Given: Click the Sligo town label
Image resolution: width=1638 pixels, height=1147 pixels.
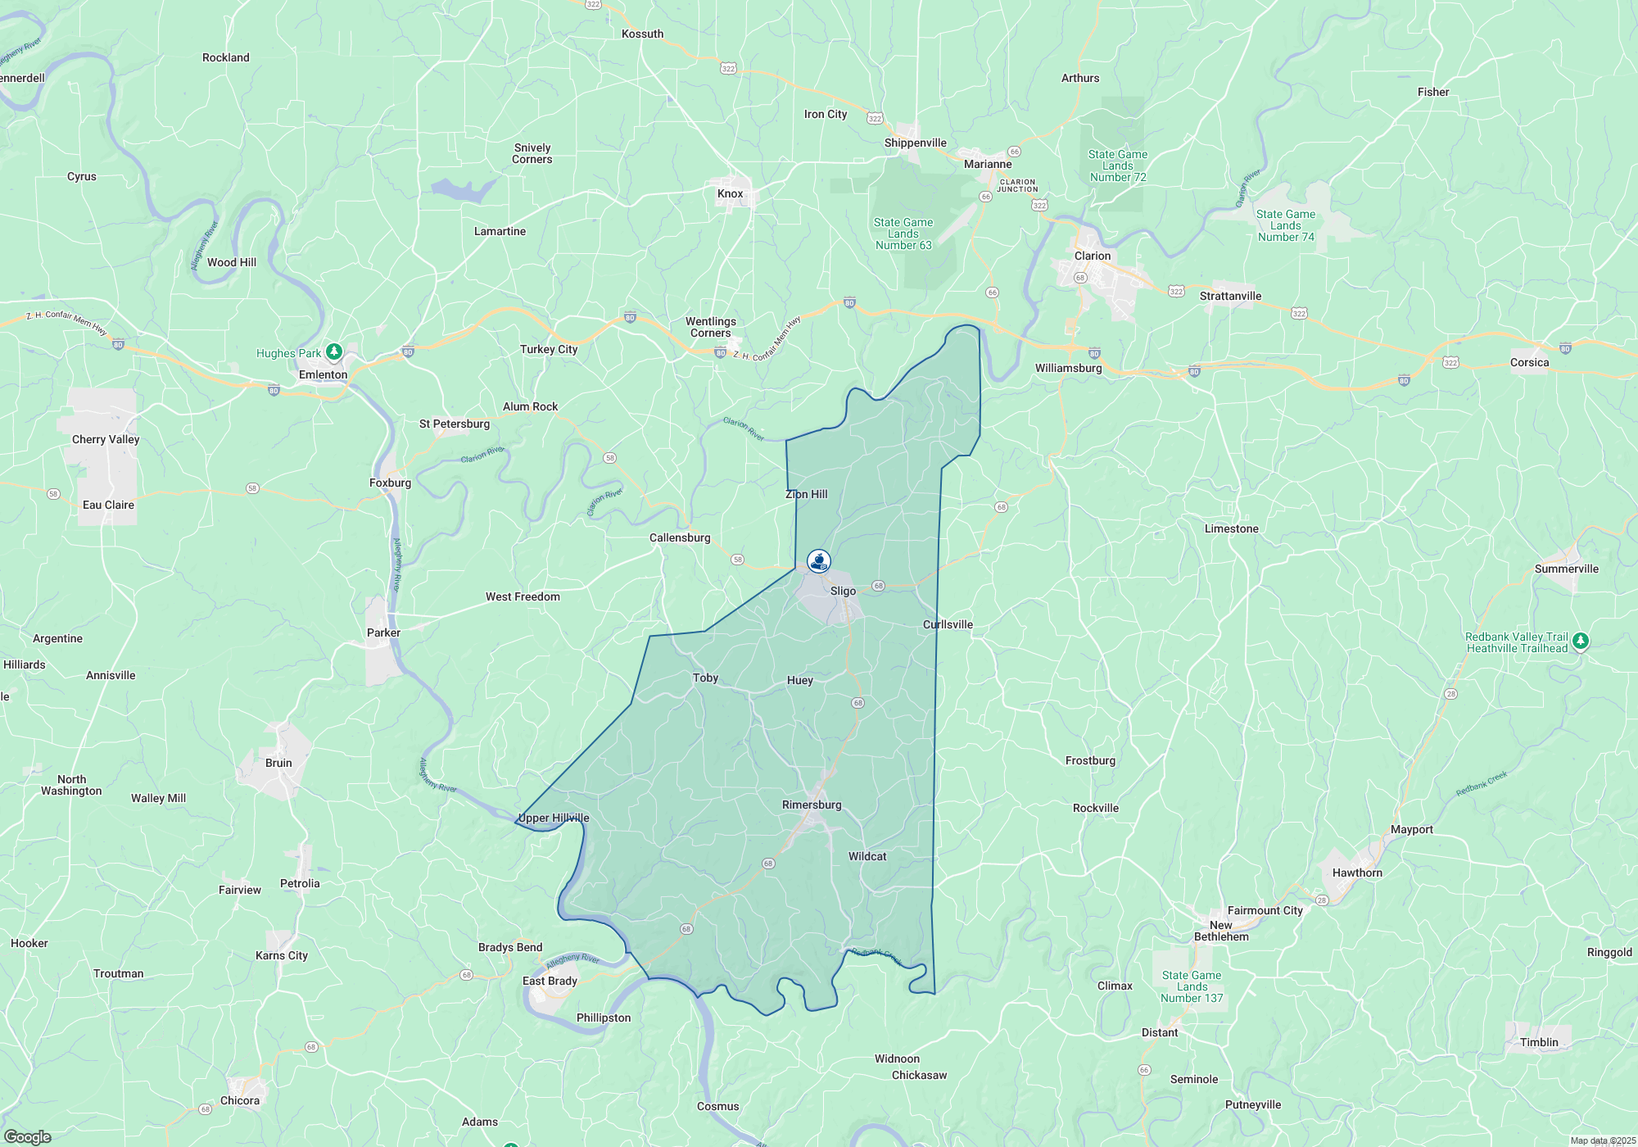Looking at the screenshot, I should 843,591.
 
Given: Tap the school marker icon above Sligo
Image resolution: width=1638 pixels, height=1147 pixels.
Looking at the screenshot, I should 819,561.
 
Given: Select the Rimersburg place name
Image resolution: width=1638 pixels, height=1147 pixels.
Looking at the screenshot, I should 812,805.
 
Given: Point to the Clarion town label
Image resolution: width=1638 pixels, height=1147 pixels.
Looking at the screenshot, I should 1093,256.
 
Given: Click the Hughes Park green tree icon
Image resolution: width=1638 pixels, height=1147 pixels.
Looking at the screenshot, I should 334,352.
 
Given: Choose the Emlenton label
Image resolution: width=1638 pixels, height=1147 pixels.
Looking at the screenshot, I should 323,374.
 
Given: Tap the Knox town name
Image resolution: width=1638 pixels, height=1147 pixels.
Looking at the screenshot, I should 730,194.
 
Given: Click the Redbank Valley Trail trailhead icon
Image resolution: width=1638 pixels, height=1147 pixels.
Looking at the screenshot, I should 1581,642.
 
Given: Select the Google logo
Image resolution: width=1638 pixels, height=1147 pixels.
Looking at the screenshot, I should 28,1137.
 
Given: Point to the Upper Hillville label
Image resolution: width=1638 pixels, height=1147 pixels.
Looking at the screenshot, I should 554,818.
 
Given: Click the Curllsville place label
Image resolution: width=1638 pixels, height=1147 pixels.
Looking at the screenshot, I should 948,624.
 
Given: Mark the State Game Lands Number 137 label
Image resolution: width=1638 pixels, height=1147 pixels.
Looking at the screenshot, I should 1192,986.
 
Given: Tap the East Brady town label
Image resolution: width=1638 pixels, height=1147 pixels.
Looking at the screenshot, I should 550,981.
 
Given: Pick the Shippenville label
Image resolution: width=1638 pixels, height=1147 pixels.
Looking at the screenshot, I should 915,143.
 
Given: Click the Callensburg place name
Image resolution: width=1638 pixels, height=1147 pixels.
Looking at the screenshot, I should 680,537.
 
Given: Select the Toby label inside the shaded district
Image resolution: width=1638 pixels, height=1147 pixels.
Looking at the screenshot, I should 705,678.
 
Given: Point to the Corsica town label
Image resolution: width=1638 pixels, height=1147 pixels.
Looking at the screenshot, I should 1529,362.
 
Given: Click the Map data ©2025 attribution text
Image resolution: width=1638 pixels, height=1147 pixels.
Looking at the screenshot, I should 1602,1140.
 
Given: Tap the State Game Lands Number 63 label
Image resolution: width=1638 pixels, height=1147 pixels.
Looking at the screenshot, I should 903,233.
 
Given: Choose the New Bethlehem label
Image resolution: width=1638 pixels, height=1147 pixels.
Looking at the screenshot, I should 1221,931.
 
